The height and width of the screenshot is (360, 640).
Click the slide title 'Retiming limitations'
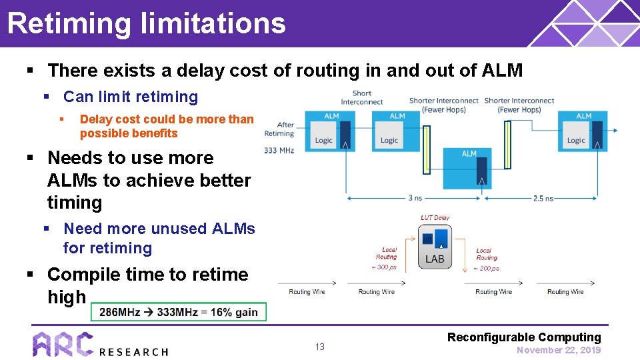[146, 23]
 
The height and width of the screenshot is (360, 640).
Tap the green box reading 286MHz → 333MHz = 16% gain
[178, 312]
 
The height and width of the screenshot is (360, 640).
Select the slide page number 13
[319, 347]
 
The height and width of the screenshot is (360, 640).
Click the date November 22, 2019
[559, 350]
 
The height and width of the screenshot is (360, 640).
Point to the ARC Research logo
[100, 344]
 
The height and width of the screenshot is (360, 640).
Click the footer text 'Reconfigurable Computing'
[524, 337]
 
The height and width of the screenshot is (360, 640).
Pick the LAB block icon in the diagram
[435, 247]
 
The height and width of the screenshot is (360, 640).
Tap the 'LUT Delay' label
[435, 217]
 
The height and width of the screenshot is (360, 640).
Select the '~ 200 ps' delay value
[486, 268]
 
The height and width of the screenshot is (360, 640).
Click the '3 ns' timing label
[415, 198]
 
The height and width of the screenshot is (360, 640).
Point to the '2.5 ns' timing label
[543, 198]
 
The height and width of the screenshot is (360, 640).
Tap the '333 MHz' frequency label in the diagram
[279, 150]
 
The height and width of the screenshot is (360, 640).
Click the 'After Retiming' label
[279, 129]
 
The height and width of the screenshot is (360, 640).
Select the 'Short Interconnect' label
[362, 97]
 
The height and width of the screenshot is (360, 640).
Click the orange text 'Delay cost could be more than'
[167, 119]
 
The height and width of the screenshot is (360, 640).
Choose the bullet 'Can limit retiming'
[131, 97]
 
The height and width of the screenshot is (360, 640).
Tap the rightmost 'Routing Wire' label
[565, 292]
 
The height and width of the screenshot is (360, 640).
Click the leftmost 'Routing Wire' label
[308, 292]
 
